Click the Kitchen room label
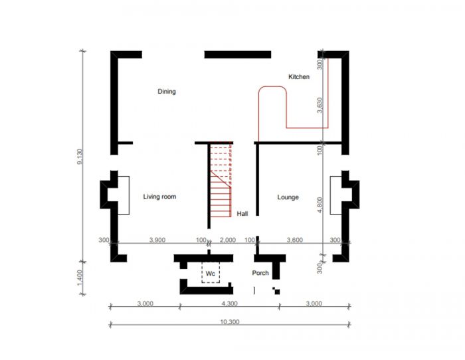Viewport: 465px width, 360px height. pyautogui.click(x=299, y=77)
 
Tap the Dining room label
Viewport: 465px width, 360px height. pyautogui.click(x=167, y=92)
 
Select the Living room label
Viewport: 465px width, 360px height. pyautogui.click(x=159, y=197)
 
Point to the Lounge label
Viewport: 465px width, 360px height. pyautogui.click(x=288, y=197)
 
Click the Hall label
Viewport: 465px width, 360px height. pyautogui.click(x=242, y=213)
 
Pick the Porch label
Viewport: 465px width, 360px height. pyautogui.click(x=260, y=273)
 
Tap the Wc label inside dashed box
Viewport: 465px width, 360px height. pyautogui.click(x=211, y=274)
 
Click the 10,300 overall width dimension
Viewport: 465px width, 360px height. pyautogui.click(x=230, y=321)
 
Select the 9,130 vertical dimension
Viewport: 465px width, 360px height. pyautogui.click(x=80, y=156)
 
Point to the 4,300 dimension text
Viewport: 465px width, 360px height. pyautogui.click(x=230, y=304)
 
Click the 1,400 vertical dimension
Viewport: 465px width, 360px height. pyautogui.click(x=80, y=278)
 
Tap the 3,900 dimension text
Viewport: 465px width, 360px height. pyautogui.click(x=157, y=240)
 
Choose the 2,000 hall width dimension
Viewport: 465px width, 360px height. pyautogui.click(x=228, y=240)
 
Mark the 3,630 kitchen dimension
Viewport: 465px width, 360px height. pyautogui.click(x=320, y=105)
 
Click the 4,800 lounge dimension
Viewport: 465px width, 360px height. pyautogui.click(x=320, y=205)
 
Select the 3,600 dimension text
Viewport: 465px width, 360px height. pyautogui.click(x=295, y=240)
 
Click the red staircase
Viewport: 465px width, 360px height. pyautogui.click(x=221, y=179)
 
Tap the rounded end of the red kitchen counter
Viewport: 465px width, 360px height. pyautogui.click(x=272, y=86)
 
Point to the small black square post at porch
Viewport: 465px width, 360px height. pyautogui.click(x=277, y=292)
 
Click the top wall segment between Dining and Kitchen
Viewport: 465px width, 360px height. pyautogui.click(x=238, y=54)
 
